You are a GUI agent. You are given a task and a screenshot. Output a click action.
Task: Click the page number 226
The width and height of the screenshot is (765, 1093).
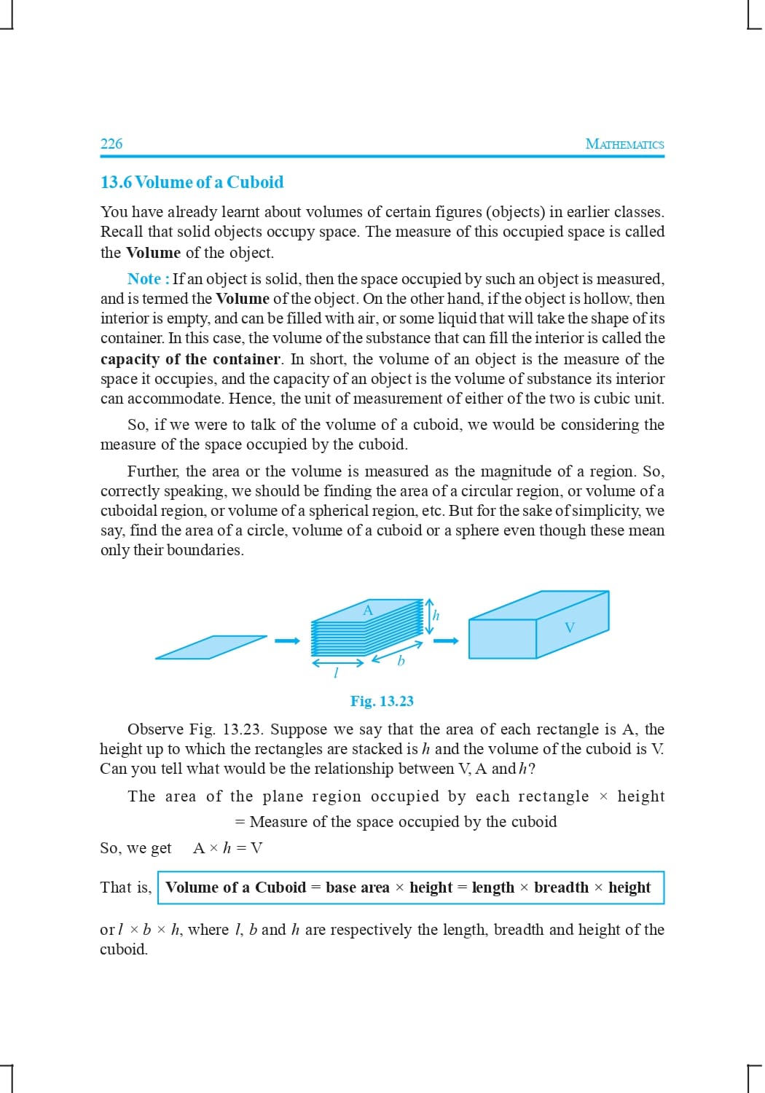click(x=111, y=144)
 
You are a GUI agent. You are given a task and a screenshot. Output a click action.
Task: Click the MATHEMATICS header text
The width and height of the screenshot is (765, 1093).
click(x=624, y=144)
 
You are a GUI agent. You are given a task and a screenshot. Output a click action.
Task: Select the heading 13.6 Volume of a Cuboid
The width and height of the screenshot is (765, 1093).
click(x=192, y=182)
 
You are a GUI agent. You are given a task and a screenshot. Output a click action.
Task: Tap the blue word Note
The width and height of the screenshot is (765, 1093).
click(x=144, y=279)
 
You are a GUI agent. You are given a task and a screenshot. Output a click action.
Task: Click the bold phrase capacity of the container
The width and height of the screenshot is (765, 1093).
click(x=190, y=359)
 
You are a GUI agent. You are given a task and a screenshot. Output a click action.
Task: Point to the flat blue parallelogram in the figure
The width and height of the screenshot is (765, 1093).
click(x=211, y=647)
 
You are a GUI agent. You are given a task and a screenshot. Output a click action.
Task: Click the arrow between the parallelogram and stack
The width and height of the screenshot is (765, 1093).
click(x=287, y=641)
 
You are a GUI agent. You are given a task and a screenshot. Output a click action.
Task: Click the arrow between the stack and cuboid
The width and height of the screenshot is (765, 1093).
click(x=446, y=641)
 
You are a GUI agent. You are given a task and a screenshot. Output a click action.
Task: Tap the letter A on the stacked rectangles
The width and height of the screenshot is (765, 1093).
click(x=368, y=611)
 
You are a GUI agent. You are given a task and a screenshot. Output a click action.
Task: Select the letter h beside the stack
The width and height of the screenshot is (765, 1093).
click(x=436, y=615)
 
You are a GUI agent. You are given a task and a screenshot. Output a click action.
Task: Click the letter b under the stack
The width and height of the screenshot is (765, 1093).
click(x=400, y=661)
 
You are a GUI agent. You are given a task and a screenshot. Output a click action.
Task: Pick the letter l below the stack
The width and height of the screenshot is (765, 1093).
click(x=335, y=673)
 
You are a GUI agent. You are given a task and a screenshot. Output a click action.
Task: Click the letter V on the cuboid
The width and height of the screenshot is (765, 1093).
click(x=570, y=627)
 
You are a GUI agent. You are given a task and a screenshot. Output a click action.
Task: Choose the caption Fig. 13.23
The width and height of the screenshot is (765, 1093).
click(x=382, y=701)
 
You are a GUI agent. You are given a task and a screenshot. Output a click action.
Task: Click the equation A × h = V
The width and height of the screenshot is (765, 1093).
click(x=227, y=847)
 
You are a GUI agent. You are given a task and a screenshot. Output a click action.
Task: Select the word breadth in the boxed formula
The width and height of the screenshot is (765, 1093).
click(x=561, y=888)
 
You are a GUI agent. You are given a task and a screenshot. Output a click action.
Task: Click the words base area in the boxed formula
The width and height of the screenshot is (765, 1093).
click(x=357, y=888)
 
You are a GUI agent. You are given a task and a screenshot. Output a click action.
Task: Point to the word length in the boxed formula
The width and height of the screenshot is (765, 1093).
click(x=493, y=888)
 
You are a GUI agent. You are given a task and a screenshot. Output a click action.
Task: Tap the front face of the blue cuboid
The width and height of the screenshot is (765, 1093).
click(x=503, y=639)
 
